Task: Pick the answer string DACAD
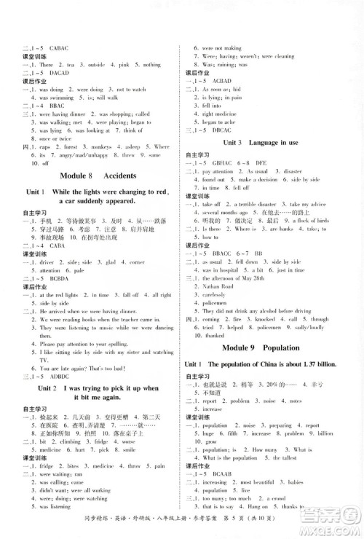[x=59, y=74]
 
